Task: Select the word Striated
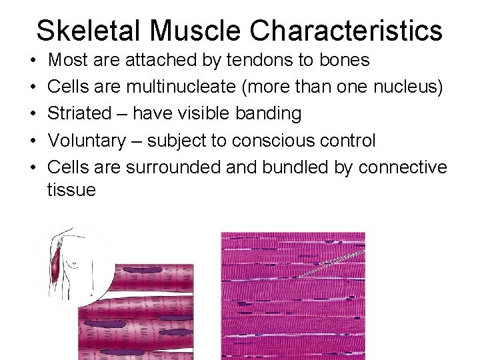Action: click(79, 113)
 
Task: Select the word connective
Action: click(403, 167)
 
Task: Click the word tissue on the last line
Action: click(71, 190)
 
